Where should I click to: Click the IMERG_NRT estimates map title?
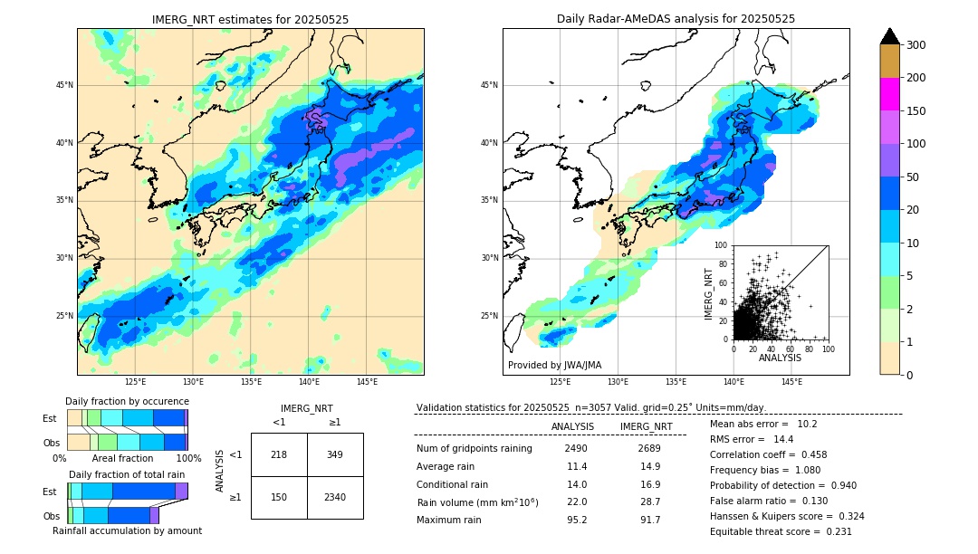click(250, 19)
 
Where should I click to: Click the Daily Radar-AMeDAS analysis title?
click(676, 19)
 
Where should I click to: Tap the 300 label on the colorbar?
click(916, 45)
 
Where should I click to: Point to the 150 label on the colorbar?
click(916, 111)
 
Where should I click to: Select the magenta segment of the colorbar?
click(890, 94)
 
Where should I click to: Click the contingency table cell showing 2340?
click(334, 497)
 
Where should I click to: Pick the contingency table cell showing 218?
click(279, 454)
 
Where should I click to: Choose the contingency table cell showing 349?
click(334, 454)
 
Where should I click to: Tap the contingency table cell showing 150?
click(279, 497)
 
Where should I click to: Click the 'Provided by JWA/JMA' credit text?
click(554, 366)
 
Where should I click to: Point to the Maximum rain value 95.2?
click(575, 520)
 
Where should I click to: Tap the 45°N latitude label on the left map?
click(64, 86)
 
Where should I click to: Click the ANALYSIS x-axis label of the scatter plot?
click(780, 358)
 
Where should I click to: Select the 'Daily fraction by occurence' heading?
click(127, 401)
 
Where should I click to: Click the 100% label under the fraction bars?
click(188, 458)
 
